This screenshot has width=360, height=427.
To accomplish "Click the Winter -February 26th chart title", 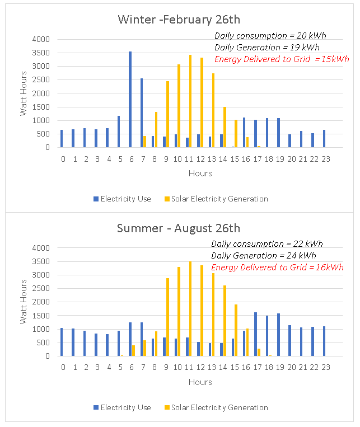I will [x=179, y=20].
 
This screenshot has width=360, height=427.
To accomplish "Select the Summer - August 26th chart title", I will [x=179, y=228].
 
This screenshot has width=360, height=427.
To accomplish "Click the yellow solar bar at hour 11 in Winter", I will [x=190, y=101].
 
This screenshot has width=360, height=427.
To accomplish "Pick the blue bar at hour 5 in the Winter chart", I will [x=119, y=132].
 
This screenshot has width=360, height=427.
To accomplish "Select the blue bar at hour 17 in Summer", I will [x=255, y=334].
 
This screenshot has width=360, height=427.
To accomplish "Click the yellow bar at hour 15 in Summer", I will [x=236, y=330].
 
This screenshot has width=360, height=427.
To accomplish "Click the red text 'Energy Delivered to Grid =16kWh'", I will [x=277, y=268].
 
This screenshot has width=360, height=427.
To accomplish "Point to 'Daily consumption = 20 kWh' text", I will [x=270, y=36].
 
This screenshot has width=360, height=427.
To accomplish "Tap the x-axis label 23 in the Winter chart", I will [x=326, y=159].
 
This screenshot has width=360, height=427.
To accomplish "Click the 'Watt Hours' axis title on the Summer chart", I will [x=24, y=302].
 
